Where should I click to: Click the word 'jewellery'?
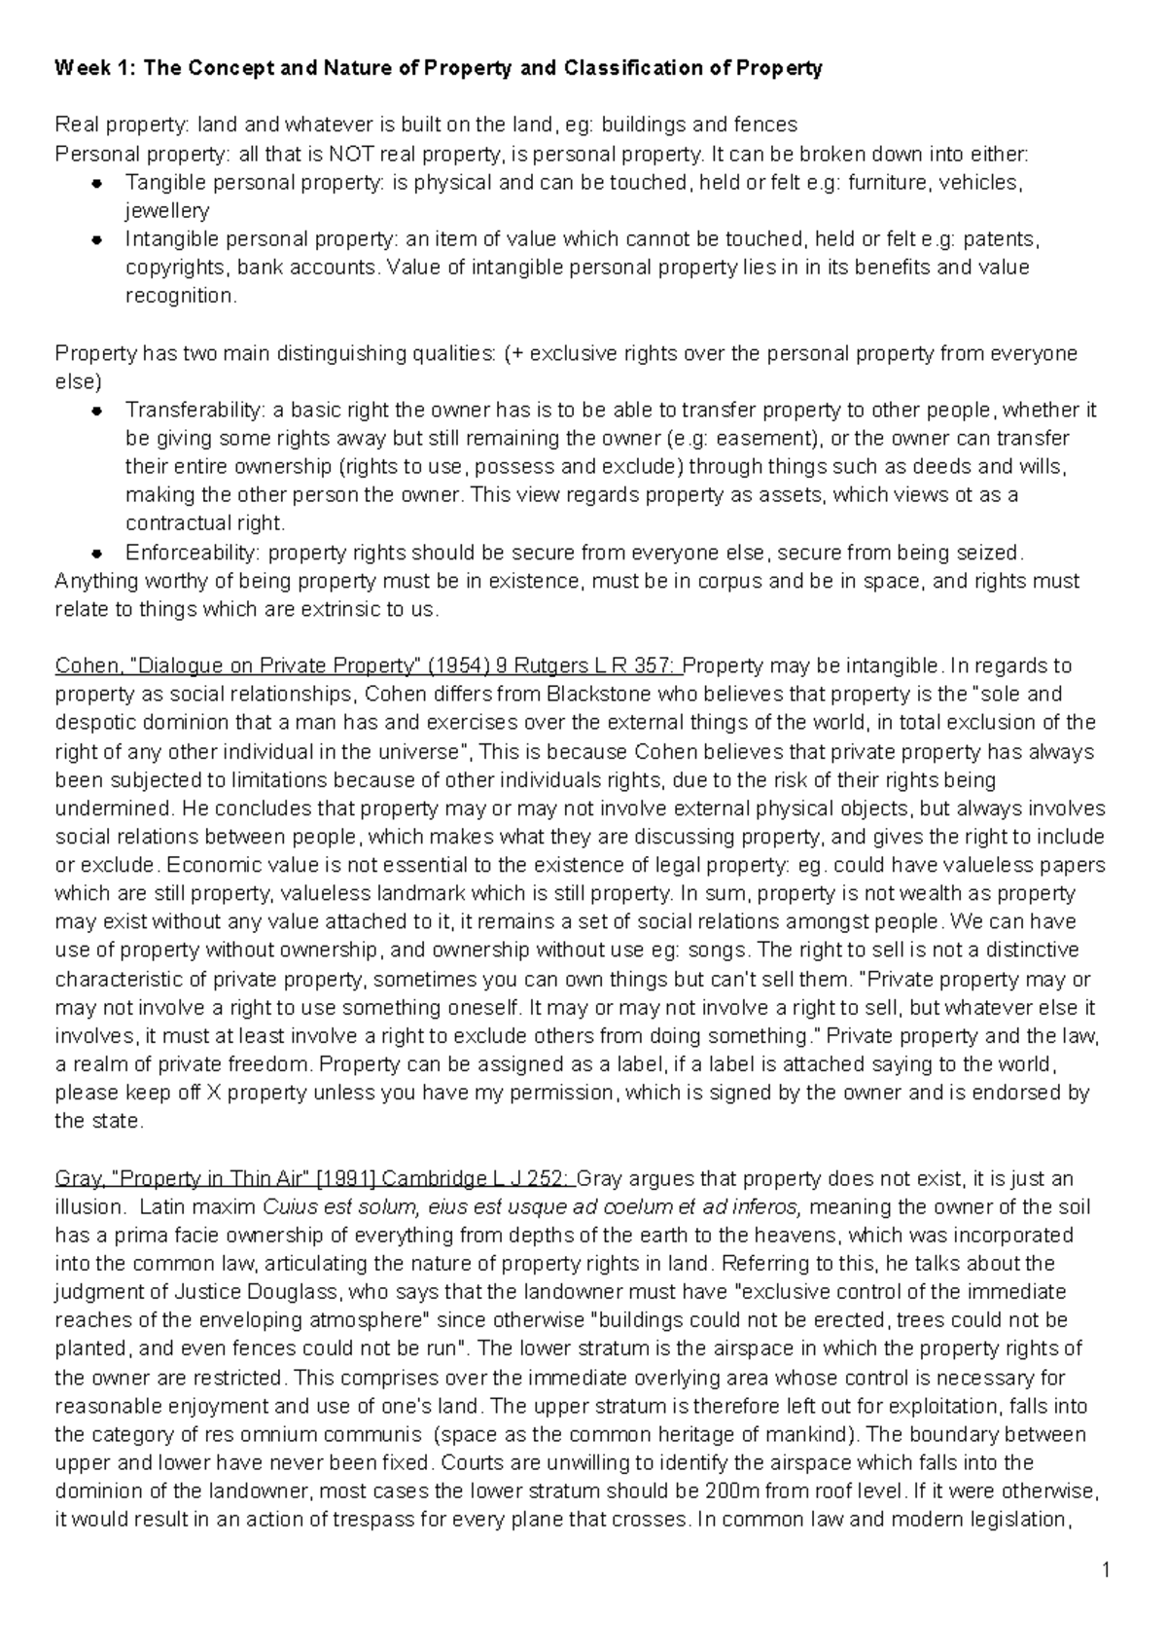(166, 211)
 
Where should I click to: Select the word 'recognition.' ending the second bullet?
(180, 297)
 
